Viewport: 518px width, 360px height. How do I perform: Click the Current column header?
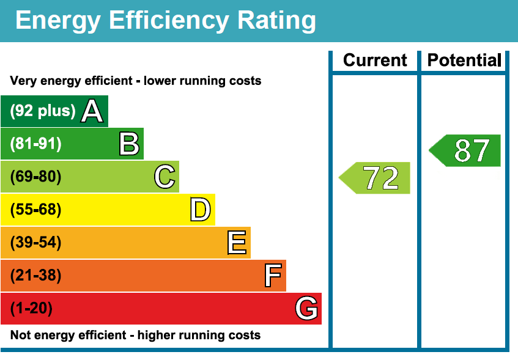[x=375, y=61]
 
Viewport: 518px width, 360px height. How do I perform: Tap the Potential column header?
[x=464, y=61]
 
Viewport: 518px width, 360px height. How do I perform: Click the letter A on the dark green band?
[x=92, y=111]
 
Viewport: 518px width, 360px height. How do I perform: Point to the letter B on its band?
[x=129, y=144]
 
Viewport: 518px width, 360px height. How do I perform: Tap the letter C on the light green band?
[x=165, y=177]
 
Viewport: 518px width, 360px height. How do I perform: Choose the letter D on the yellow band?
[x=201, y=210]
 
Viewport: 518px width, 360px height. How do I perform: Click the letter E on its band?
[x=237, y=243]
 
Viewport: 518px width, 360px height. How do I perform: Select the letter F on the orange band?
[x=273, y=276]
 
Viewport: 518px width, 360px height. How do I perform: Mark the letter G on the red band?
[x=307, y=309]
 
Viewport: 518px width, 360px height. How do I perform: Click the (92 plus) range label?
[x=43, y=111]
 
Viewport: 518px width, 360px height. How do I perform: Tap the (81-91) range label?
[x=36, y=144]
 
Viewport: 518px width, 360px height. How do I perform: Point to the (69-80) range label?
[x=36, y=177]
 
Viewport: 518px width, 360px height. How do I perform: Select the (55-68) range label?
[x=36, y=210]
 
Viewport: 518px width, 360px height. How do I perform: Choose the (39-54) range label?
[x=36, y=243]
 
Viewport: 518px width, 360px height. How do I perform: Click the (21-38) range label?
[x=36, y=276]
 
